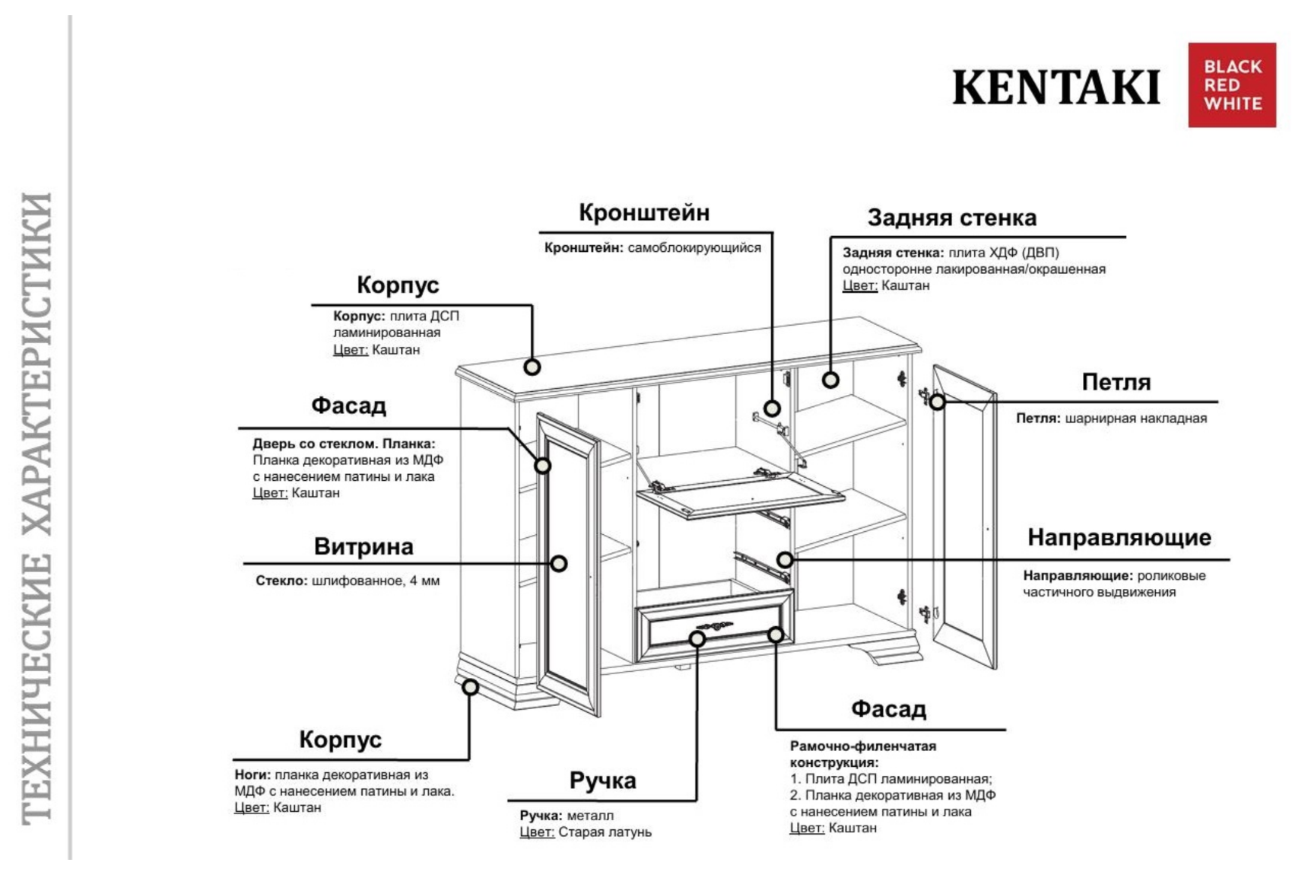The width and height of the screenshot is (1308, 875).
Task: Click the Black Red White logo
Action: [1231, 85]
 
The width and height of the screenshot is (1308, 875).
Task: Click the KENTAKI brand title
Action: [1056, 87]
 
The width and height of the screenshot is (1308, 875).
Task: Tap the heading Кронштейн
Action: [644, 213]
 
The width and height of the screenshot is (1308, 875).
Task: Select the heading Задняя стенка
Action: [951, 218]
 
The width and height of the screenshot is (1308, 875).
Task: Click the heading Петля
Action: [1116, 382]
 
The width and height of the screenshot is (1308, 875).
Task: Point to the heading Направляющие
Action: [1119, 538]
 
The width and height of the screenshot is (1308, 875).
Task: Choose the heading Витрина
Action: [364, 547]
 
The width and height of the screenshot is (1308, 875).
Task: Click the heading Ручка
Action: [602, 781]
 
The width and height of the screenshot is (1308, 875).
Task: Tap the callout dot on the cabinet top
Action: [532, 367]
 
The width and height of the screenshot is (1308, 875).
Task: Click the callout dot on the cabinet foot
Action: [471, 687]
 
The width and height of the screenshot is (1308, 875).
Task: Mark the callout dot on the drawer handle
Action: [697, 638]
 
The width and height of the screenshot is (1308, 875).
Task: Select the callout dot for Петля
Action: [938, 401]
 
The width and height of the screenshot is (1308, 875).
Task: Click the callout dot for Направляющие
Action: [785, 560]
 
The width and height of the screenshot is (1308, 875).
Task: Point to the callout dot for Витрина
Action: [559, 564]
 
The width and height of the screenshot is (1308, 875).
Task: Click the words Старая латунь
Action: [605, 832]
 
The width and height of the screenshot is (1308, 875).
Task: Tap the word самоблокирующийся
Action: [694, 248]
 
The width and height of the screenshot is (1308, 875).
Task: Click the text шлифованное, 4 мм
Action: [376, 581]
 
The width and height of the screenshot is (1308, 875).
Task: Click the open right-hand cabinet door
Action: [964, 517]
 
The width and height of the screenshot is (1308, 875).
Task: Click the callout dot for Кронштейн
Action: [772, 409]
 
